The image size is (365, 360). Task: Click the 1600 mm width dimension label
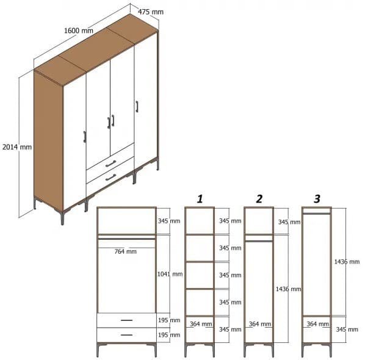coord(79,31)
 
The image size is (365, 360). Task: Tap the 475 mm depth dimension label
coord(150,12)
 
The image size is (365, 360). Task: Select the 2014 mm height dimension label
coord(16,147)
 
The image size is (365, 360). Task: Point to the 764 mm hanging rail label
coord(126,251)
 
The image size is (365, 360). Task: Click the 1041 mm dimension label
coord(170,274)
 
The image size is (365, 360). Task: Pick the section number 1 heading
coord(199,198)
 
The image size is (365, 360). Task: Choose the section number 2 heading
coord(259,198)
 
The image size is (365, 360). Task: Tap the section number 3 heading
coord(317,198)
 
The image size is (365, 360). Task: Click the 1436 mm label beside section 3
coord(347,262)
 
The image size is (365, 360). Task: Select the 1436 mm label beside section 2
coord(288,289)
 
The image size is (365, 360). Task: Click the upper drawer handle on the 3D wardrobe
coord(110,163)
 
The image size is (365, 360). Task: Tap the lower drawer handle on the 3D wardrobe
coord(110,178)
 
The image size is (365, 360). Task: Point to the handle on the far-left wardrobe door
coord(84,136)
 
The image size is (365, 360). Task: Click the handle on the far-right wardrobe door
coord(137,107)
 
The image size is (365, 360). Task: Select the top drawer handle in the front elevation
coord(126,320)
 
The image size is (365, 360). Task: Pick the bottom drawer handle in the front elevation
coord(126,334)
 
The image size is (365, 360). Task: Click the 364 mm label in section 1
coord(201,324)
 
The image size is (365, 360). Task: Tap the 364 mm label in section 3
coord(319,324)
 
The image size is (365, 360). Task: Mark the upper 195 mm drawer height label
coord(170,320)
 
